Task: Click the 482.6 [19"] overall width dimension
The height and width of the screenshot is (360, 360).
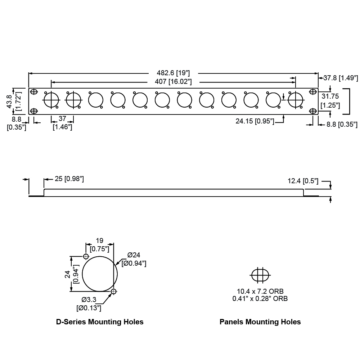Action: pos(173,72)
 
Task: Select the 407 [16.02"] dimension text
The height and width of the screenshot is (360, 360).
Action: pos(173,82)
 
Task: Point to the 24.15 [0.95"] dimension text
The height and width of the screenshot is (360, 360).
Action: pos(255,121)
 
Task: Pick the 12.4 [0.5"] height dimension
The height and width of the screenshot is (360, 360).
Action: pos(303,181)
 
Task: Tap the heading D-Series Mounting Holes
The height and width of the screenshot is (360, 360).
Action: pos(100,322)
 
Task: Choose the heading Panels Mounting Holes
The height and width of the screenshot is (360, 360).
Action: pos(260,322)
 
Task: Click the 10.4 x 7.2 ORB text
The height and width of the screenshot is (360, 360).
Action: pos(262,292)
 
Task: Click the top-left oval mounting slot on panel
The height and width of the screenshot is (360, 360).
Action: pos(33,92)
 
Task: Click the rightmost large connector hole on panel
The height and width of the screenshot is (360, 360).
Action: pos(296,100)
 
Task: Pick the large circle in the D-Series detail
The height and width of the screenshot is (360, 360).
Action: pos(100,274)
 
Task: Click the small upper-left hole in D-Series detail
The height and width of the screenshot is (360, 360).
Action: pos(86,256)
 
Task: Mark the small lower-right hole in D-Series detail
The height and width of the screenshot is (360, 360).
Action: pos(114,291)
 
